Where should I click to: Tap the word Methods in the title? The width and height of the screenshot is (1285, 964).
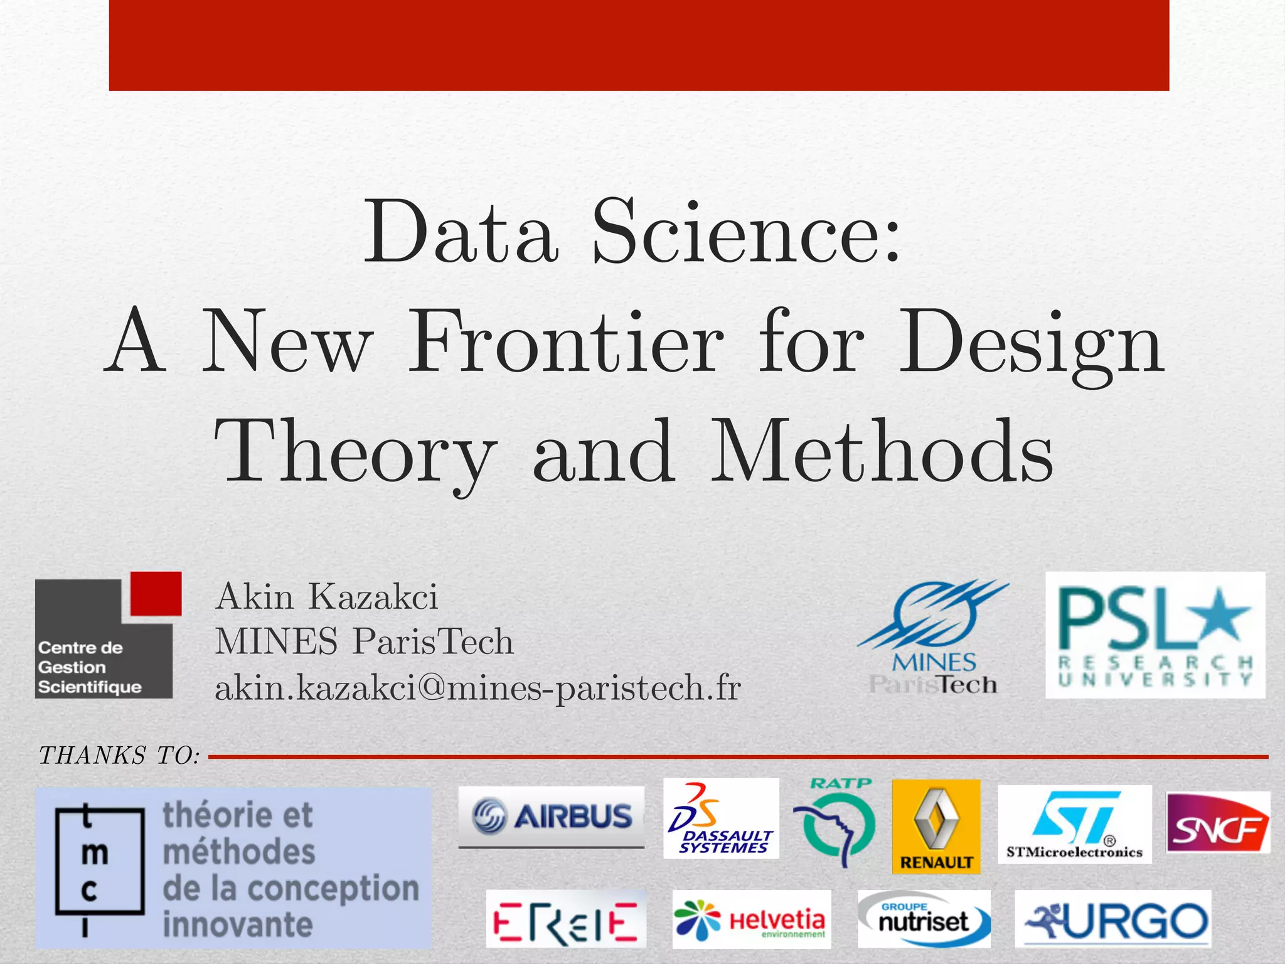pyautogui.click(x=882, y=452)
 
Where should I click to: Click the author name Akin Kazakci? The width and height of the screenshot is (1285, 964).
pyautogui.click(x=326, y=596)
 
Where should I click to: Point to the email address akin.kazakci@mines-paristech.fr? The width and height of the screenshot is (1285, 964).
pyautogui.click(x=477, y=688)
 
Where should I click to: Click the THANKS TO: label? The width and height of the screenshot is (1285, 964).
pyautogui.click(x=119, y=756)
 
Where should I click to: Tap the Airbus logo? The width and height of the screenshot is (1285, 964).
pyautogui.click(x=551, y=816)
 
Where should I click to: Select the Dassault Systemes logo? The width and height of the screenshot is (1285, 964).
pyautogui.click(x=721, y=819)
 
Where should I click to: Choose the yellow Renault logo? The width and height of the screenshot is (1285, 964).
pyautogui.click(x=936, y=826)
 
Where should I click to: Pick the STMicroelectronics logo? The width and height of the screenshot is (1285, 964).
pyautogui.click(x=1074, y=824)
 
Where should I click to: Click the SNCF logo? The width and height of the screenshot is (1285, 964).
pyautogui.click(x=1217, y=823)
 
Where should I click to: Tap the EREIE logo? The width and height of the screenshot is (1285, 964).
pyautogui.click(x=565, y=920)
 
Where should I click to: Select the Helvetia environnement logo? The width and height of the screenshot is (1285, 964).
pyautogui.click(x=751, y=920)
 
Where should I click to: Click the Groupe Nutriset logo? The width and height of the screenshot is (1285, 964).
pyautogui.click(x=924, y=919)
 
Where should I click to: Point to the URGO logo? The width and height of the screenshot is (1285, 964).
pyautogui.click(x=1113, y=920)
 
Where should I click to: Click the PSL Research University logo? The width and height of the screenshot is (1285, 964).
pyautogui.click(x=1154, y=635)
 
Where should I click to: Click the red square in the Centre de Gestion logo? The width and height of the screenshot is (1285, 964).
pyautogui.click(x=156, y=594)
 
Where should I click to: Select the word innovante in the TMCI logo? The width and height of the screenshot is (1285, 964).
pyautogui.click(x=238, y=924)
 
